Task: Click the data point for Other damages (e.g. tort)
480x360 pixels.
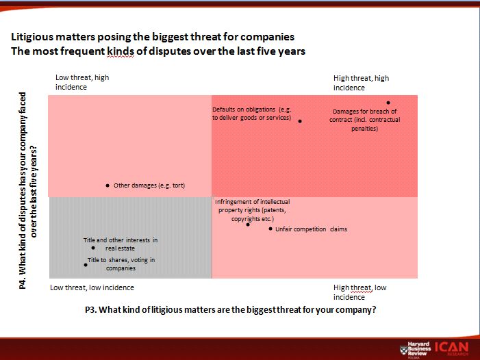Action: (108, 185)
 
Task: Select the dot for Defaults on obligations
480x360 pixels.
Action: (300, 121)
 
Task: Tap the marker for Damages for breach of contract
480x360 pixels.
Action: (388, 103)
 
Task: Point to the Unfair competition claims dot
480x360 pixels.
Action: (270, 229)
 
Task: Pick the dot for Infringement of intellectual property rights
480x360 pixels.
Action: (249, 224)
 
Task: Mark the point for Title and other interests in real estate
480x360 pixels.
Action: (93, 248)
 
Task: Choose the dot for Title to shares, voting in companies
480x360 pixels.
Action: (84, 263)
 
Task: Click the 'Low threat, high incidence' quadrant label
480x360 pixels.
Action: (82, 82)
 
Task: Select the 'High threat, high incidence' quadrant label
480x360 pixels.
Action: (361, 83)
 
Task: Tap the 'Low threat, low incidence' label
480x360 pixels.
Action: (92, 287)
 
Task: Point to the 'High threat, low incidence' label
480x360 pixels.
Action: (360, 292)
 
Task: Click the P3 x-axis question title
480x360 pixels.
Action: (231, 309)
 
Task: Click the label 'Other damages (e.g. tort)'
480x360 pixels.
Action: (149, 185)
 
